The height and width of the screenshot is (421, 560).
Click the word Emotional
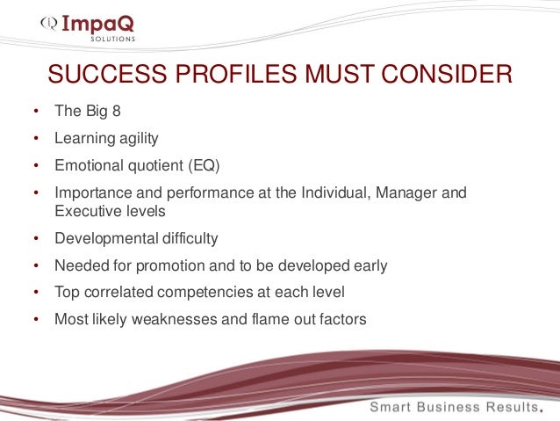click(x=85, y=164)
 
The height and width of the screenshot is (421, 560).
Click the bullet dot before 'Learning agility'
click(x=36, y=140)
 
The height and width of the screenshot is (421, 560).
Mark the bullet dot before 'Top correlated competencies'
click(x=36, y=293)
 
